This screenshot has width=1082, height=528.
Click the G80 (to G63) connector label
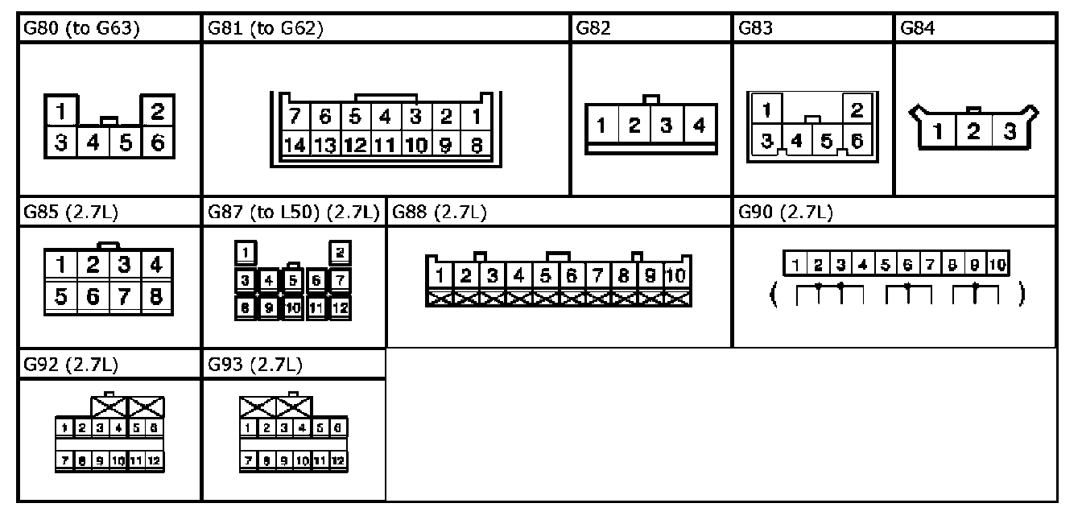[x=81, y=29]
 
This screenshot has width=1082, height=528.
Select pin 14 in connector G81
[x=295, y=146]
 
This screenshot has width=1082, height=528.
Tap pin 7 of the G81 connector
[x=295, y=117]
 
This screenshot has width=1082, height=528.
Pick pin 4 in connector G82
[x=699, y=126]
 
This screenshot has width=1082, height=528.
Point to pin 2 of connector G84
[x=973, y=131]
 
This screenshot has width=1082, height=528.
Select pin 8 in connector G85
[x=155, y=296]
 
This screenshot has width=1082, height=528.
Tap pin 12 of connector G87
[x=340, y=307]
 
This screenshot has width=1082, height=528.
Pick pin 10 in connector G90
[x=997, y=264]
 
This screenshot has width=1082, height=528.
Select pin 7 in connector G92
[x=60, y=461]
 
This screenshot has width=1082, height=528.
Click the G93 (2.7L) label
[x=255, y=365]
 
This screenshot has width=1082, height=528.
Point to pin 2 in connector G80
[x=157, y=109]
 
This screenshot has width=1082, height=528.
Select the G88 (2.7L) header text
[x=439, y=213]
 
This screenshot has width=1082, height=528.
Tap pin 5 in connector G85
[x=61, y=296]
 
